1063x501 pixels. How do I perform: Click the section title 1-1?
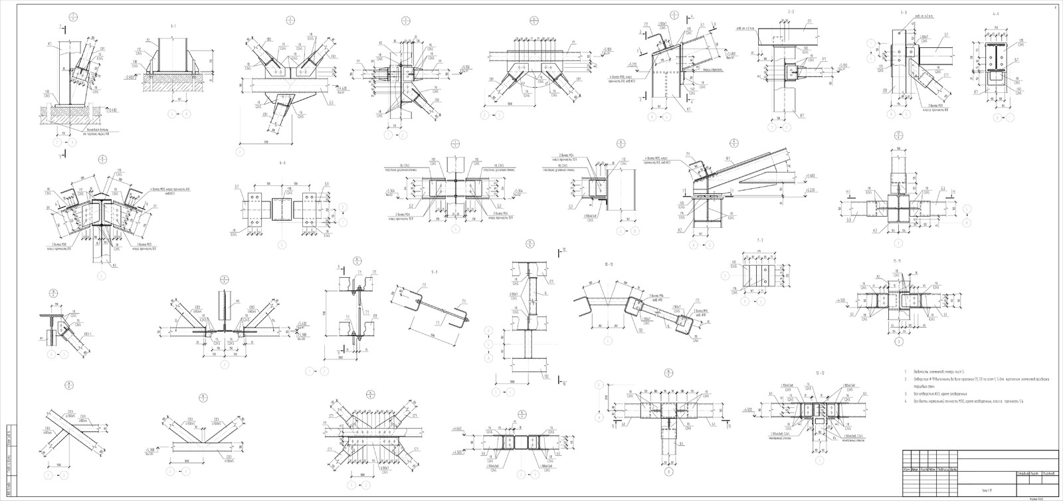coord(173,25)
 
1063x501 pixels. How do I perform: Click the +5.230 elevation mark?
coord(809,189)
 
